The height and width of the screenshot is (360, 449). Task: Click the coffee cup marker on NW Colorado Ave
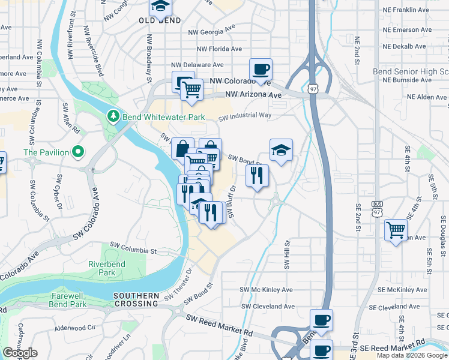tap(261, 70)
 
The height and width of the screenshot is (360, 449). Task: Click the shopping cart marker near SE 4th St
tap(396, 230)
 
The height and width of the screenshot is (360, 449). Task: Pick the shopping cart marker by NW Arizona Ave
tap(191, 91)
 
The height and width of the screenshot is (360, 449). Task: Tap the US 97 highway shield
tap(312, 88)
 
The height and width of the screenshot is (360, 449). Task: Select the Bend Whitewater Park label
tap(164, 117)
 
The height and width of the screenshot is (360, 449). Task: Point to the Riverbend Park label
tap(101, 268)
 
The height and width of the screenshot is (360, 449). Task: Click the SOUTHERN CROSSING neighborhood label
tap(136, 300)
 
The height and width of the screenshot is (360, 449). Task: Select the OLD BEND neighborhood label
tap(160, 20)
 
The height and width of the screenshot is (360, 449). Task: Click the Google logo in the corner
tap(20, 353)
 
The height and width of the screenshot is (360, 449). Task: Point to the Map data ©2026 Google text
tap(412, 356)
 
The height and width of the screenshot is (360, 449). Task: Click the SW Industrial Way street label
tap(245, 116)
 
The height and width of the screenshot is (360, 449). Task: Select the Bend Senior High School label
tap(411, 71)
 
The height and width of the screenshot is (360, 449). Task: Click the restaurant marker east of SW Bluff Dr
tap(257, 176)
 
